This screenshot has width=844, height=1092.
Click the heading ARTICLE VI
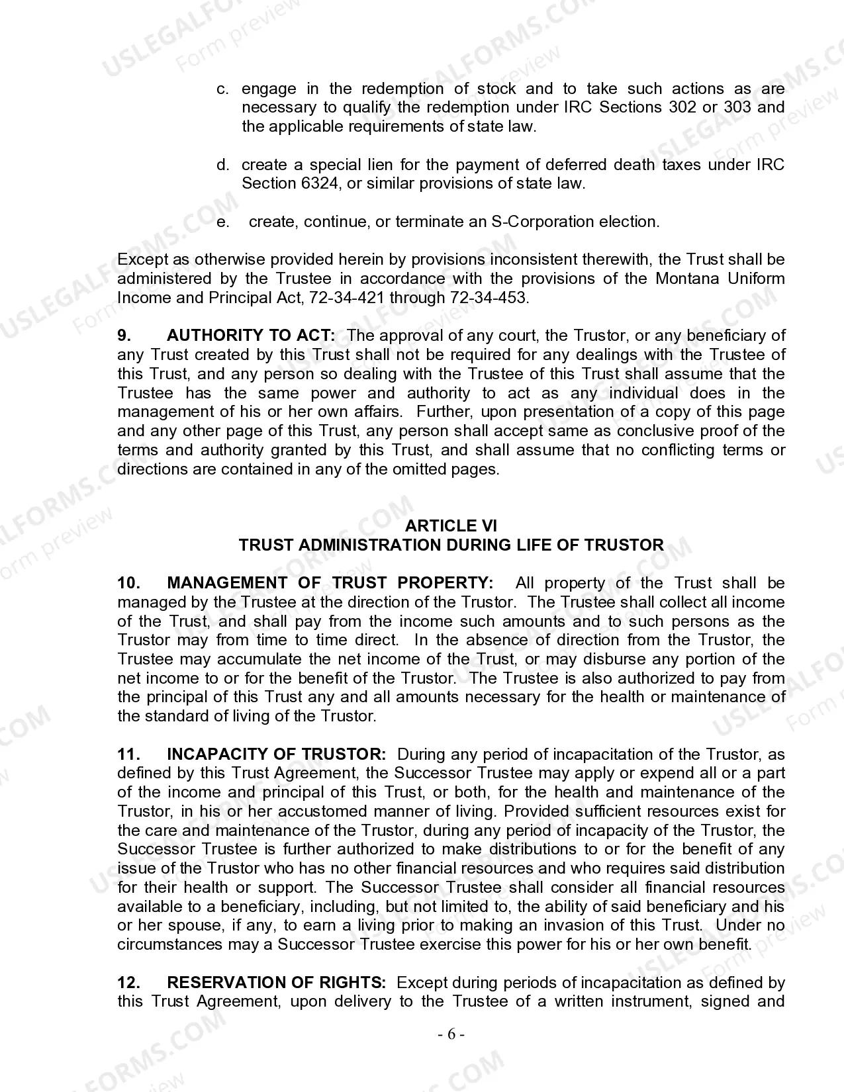click(450, 525)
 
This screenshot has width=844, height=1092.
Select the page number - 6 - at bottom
click(451, 1034)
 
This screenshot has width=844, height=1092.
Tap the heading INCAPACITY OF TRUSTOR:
click(276, 754)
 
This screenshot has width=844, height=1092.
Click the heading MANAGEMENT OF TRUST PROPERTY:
click(330, 583)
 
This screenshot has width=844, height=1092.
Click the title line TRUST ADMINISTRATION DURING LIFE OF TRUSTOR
click(451, 545)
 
